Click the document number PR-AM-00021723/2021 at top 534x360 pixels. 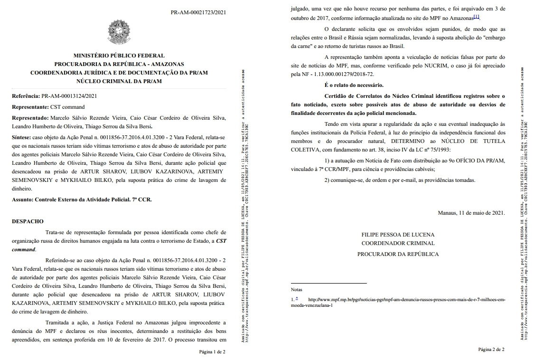(x=198, y=12)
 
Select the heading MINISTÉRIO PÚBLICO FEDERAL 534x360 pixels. (x=119, y=56)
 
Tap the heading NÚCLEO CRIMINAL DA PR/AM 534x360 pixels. (x=119, y=81)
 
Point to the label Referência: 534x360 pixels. (x=26, y=96)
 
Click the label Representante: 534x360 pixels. (x=30, y=107)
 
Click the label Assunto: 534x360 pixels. (x=22, y=200)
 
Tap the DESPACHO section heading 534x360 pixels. (x=28, y=221)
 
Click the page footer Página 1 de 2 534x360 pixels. (x=212, y=352)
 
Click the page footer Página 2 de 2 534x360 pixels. (x=491, y=350)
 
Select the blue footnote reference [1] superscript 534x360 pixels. (x=476, y=17)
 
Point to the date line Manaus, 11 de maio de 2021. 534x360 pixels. (x=471, y=213)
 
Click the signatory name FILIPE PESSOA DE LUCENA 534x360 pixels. (x=398, y=235)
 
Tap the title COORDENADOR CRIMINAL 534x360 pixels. (x=398, y=243)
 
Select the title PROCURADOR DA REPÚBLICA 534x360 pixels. (x=398, y=254)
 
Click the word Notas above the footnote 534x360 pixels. (x=296, y=289)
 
